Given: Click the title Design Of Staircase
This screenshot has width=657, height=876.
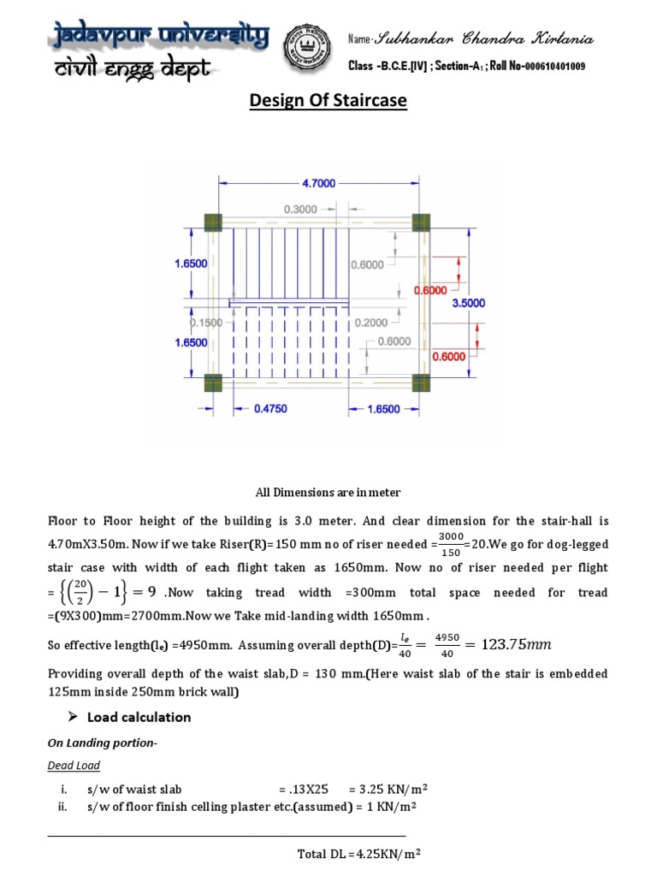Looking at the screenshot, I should coord(328,102).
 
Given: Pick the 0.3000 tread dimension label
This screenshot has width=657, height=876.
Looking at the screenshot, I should coord(300,209).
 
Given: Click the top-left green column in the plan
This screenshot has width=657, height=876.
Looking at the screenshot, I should coord(213,222).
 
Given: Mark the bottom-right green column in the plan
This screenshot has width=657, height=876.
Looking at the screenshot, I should coord(421,382).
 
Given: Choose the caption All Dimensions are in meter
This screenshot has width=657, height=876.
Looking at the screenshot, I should coord(328,493).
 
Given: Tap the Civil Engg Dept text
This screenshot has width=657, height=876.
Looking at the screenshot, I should coord(133,71).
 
